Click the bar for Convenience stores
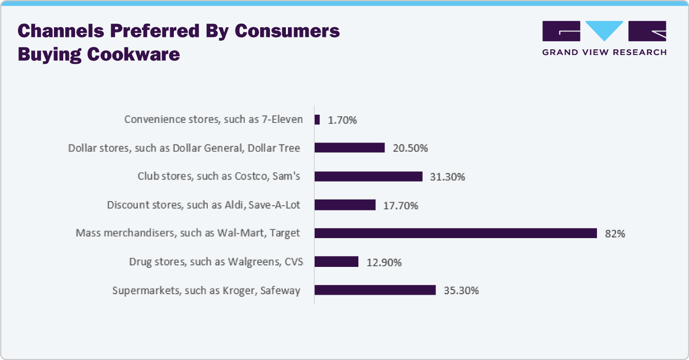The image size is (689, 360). [317, 120]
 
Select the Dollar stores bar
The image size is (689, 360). [350, 148]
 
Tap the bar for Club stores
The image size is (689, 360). [368, 176]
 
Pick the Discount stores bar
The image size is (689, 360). [345, 205]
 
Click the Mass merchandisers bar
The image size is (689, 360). [456, 233]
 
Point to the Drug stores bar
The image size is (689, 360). [336, 262]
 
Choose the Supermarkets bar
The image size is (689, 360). [375, 290]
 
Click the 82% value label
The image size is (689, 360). [615, 234]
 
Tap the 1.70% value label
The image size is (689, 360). [342, 120]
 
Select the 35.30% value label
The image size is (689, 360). [461, 291]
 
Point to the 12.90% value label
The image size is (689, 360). [384, 262]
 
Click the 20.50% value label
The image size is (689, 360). [410, 149]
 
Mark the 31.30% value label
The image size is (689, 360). [447, 177]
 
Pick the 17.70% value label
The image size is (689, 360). [401, 206]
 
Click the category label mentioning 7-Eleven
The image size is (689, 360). [213, 120]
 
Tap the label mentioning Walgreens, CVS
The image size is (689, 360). [216, 262]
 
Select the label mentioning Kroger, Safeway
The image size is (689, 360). [206, 291]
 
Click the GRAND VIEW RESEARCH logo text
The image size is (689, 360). [604, 52]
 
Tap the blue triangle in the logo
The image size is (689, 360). [604, 30]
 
